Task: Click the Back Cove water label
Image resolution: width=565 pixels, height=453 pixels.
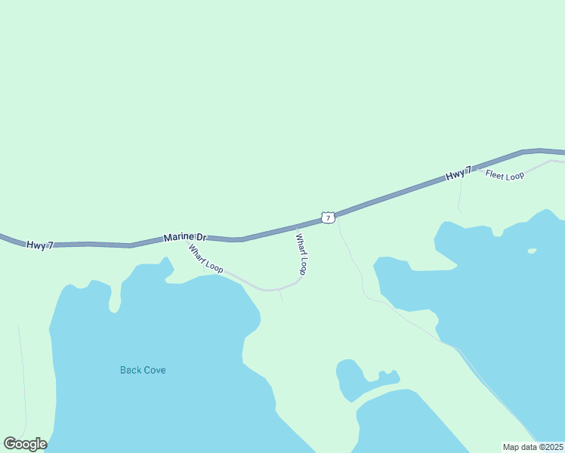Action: [x=143, y=370]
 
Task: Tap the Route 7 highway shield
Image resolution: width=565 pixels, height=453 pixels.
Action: [x=327, y=217]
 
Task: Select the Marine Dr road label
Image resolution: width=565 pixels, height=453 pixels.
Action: [x=184, y=238]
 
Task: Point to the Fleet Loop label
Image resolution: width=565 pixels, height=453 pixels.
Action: [x=505, y=175]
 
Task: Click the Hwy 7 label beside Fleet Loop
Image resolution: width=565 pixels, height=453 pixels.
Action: [x=458, y=174]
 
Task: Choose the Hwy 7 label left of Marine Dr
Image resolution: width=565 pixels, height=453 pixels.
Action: [x=40, y=245]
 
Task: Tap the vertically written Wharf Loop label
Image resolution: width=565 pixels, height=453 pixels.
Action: [x=301, y=254]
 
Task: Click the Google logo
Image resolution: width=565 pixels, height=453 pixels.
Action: [x=26, y=444]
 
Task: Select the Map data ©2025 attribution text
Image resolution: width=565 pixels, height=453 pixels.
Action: [x=533, y=447]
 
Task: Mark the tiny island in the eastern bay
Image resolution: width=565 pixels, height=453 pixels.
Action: [x=532, y=251]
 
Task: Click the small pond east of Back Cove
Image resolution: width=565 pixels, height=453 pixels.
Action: [x=348, y=377]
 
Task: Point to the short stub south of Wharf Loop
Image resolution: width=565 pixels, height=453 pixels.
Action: [x=280, y=295]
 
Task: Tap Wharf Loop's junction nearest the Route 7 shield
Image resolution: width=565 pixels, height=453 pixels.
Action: [x=297, y=226]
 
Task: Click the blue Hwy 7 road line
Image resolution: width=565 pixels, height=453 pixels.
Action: [x=393, y=196]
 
